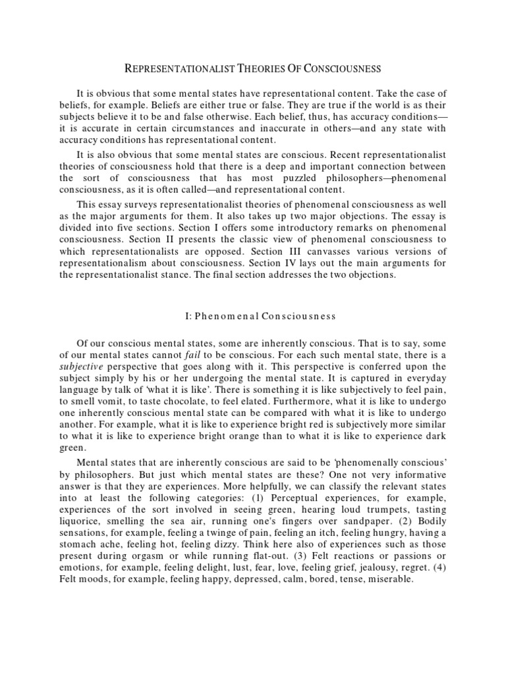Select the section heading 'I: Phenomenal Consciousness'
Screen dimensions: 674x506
click(260, 316)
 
